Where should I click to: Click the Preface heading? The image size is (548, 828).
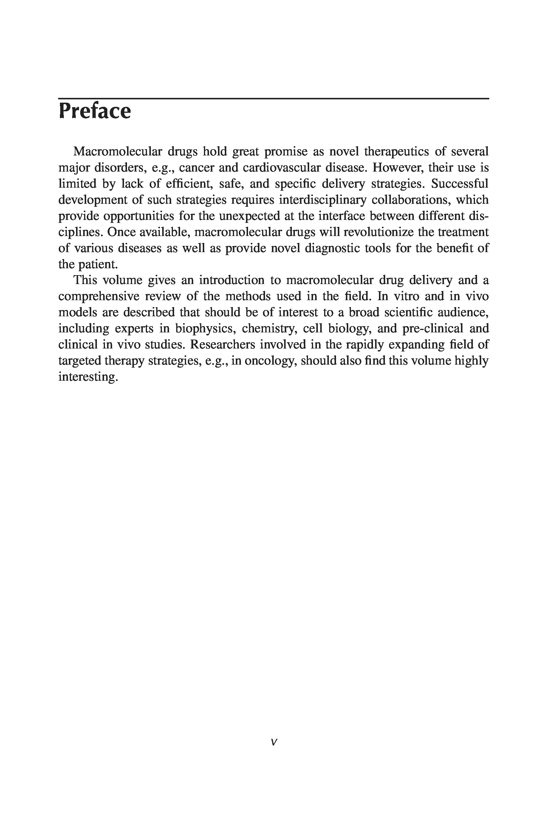95,111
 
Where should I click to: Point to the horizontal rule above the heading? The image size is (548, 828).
273,98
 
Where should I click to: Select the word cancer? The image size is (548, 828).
196,168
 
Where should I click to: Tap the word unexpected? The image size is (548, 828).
249,216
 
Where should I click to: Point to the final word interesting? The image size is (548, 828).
87,377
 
